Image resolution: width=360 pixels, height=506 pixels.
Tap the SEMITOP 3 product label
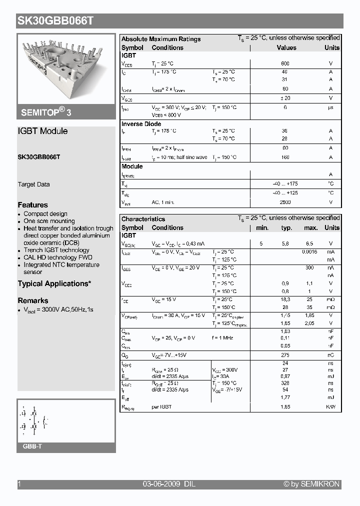click(46, 112)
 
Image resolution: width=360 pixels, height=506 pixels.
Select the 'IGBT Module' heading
click(42, 131)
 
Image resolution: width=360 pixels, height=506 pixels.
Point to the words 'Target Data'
click(33, 184)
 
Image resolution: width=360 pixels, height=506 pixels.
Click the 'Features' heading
click(33, 205)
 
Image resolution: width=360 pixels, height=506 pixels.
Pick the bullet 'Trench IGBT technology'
click(56, 250)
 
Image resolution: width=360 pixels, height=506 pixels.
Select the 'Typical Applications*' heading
click(54, 283)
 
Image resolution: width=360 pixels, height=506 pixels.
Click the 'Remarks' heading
click(33, 300)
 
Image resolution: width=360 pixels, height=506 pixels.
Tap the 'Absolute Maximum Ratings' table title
click(161, 39)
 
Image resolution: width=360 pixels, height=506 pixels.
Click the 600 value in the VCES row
click(285, 64)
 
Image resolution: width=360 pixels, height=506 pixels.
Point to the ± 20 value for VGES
click(285, 98)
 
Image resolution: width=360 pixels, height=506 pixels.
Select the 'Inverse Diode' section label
click(141, 124)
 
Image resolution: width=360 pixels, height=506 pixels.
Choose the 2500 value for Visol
click(285, 202)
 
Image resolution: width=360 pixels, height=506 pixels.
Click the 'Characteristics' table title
click(143, 219)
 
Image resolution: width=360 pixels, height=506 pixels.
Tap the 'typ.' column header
click(286, 228)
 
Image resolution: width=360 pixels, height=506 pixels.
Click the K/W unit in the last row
click(330, 407)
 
